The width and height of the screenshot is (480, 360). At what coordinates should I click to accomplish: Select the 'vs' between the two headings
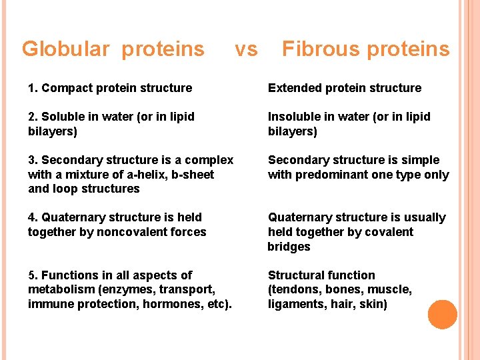[x=246, y=49]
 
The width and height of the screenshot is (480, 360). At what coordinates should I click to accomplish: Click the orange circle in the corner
[x=442, y=315]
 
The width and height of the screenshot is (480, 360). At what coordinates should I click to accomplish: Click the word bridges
[x=289, y=247]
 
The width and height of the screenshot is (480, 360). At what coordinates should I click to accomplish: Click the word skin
[x=373, y=305]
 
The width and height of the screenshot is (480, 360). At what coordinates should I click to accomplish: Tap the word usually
[x=421, y=217]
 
